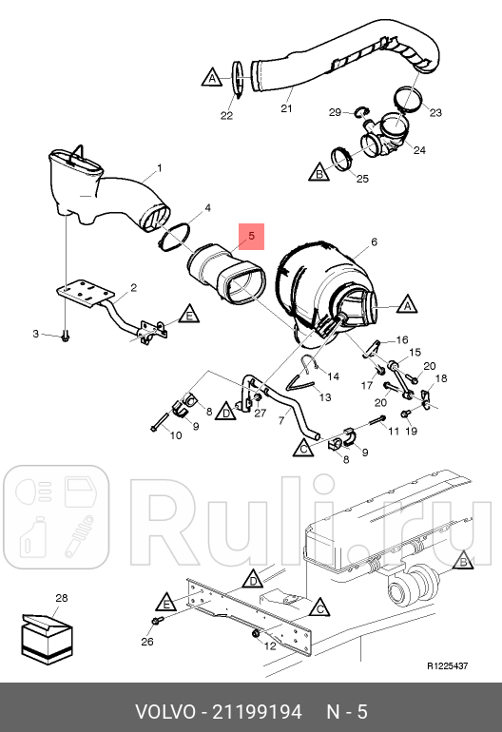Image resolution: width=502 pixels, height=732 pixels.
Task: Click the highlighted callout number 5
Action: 252,236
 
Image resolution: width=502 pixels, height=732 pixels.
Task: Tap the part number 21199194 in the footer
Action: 258,712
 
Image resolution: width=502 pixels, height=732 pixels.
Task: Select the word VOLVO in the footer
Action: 165,712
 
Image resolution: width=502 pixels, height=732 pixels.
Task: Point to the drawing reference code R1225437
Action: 448,665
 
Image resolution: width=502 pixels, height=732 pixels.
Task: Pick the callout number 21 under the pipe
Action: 286,108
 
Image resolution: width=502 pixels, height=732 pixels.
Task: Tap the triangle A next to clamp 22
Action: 211,78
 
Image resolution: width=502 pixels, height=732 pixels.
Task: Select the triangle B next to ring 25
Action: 319,173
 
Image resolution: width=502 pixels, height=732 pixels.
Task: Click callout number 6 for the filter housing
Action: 374,241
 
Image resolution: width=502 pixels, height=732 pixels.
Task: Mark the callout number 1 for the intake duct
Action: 160,167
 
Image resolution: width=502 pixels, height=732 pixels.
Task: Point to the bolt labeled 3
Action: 65,336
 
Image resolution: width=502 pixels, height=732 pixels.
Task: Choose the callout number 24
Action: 419,150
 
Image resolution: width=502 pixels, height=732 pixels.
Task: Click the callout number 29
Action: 335,112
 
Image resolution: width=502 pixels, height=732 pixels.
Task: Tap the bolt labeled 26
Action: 157,621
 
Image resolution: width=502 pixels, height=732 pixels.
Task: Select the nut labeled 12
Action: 256,633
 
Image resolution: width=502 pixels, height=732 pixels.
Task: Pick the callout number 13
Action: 325,397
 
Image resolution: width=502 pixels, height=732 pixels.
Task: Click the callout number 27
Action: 261,413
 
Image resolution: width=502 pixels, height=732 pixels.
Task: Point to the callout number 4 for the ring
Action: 208,208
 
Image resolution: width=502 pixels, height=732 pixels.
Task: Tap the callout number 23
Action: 435,112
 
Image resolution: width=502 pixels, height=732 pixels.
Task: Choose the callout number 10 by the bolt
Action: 176,435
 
